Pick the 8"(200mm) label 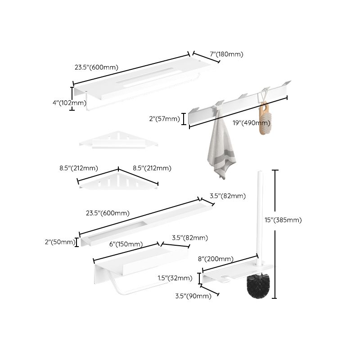point(216,259)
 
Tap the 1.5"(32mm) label point(175,278)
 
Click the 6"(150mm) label point(126,244)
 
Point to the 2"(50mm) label point(60,242)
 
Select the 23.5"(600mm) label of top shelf point(96,67)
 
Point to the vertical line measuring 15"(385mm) point(275,234)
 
